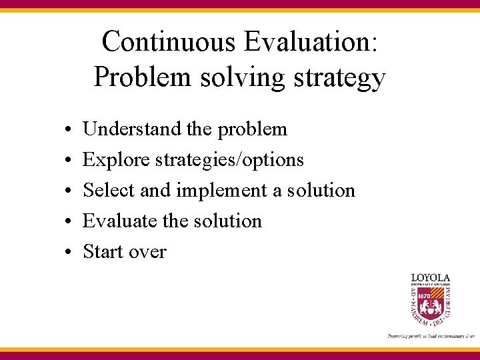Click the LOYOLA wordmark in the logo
coord(430,277)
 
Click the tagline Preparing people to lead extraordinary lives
coord(430,336)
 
